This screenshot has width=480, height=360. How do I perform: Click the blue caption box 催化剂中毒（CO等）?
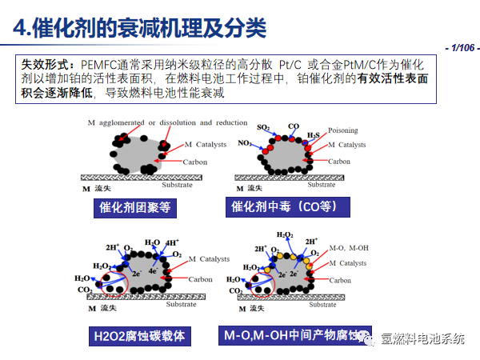coord(290,208)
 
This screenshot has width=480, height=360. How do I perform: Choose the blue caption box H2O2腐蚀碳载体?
coord(138,336)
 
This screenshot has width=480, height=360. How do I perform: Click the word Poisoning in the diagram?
coord(342,130)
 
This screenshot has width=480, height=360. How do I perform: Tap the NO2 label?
coord(245,143)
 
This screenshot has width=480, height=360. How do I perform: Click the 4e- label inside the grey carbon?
coord(152,271)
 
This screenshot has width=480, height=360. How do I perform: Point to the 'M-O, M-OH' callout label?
coord(348,249)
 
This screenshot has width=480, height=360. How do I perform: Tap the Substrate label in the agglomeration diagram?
coord(177,185)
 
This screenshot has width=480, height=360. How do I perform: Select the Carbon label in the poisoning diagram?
coord(339,162)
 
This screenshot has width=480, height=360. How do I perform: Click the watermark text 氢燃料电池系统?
coord(422,338)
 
